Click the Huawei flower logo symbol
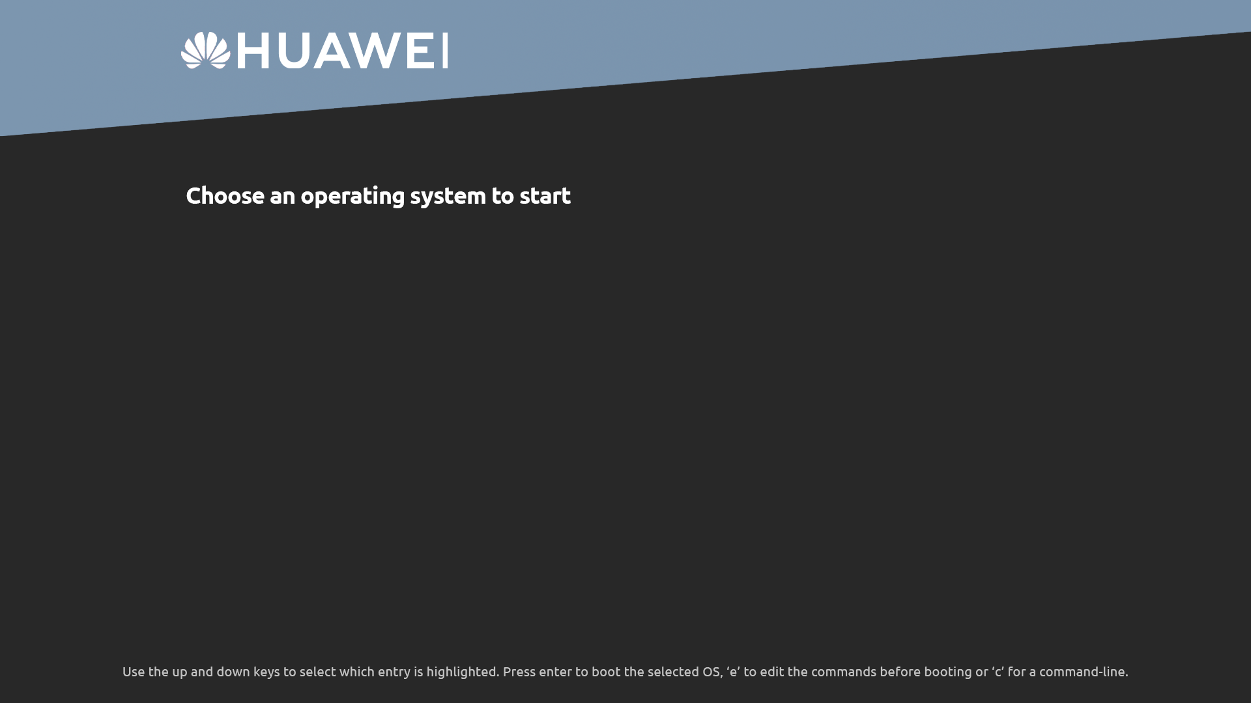click(x=206, y=50)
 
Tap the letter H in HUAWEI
click(x=253, y=51)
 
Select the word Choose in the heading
click(x=225, y=195)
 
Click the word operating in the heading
click(x=352, y=197)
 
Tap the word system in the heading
click(x=448, y=197)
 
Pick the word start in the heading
click(x=545, y=196)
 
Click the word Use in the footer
click(x=134, y=672)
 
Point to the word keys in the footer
click(x=266, y=672)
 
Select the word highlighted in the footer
click(x=463, y=672)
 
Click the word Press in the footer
click(x=519, y=672)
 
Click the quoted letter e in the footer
click(x=733, y=672)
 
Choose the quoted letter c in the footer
click(x=998, y=672)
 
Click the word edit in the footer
click(x=772, y=672)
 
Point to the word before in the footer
click(x=900, y=672)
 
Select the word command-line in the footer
click(x=1084, y=672)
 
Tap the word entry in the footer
click(x=394, y=672)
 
